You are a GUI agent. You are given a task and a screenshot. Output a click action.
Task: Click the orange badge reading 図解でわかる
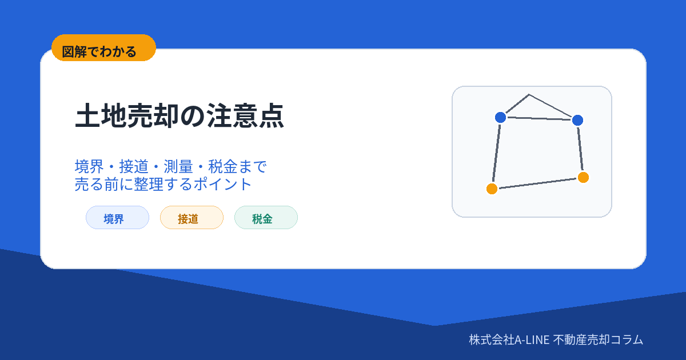coord(104,48)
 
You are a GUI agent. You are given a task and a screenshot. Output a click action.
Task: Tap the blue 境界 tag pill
coord(117,218)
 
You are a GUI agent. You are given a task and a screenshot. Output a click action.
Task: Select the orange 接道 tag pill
coord(192,218)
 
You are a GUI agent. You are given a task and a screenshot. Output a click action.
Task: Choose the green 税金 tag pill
coord(266,218)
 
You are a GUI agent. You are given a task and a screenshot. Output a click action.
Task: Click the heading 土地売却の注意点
coord(180,115)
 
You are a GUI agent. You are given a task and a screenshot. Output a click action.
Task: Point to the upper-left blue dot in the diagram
coord(500,117)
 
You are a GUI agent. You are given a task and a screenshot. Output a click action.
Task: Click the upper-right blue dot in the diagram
coord(577,121)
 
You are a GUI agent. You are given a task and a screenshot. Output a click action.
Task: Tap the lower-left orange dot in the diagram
coord(492,189)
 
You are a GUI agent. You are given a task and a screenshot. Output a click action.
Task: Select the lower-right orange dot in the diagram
coord(583,178)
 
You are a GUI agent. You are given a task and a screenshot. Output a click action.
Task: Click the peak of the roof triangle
coord(529,95)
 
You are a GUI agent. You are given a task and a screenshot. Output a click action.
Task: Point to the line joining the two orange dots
coord(537,183)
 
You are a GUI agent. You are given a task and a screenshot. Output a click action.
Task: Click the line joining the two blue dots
coord(539,119)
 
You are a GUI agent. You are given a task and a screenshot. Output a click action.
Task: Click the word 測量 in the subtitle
coord(178,167)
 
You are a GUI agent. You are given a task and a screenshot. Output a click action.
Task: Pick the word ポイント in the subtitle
coord(222,184)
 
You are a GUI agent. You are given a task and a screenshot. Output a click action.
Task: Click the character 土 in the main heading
coord(87,115)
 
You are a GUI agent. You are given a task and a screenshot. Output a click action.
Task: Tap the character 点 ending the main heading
coord(272,115)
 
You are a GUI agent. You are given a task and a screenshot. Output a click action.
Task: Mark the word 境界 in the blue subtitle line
coord(89,167)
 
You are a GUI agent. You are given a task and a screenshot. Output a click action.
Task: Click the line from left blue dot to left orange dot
coord(496,153)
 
